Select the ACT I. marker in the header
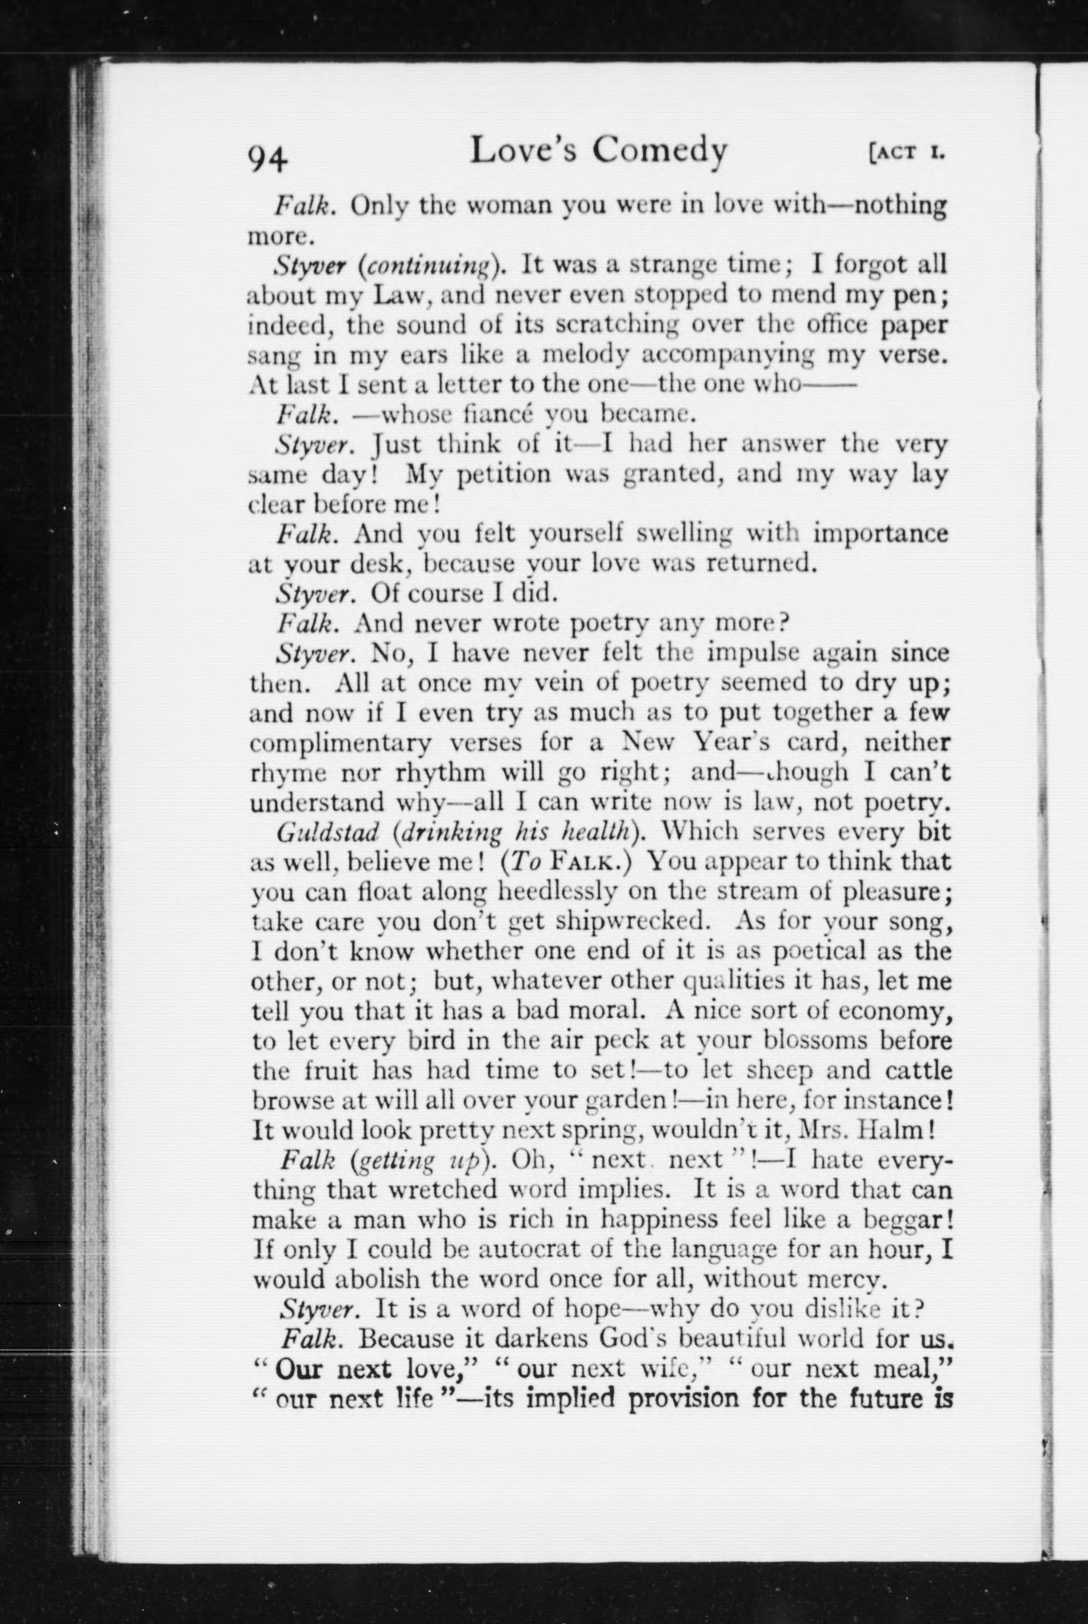(x=908, y=152)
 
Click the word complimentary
(x=340, y=743)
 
